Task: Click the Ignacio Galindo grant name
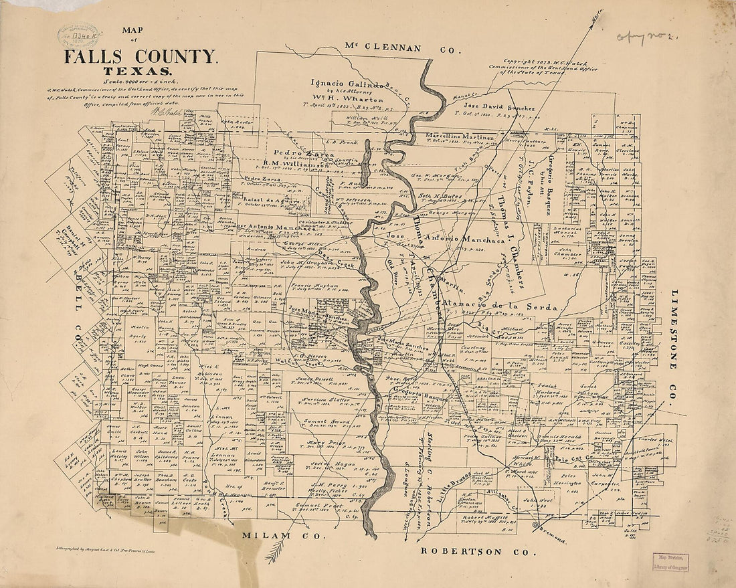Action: tap(347, 84)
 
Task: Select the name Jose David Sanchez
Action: tap(500, 108)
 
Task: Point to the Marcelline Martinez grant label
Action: tap(460, 137)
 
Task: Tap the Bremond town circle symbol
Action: tap(535, 526)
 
